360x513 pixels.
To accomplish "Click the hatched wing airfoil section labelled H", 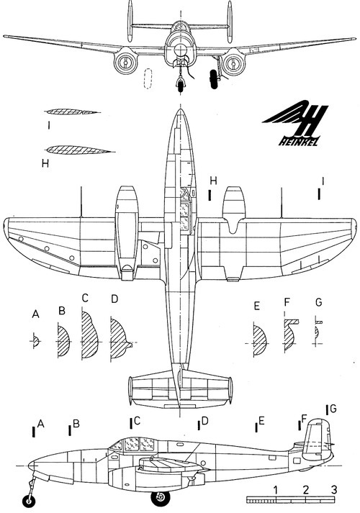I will (x=76, y=150).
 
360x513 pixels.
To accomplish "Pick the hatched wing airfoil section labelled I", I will (x=72, y=112).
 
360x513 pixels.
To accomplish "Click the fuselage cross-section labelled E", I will (x=260, y=341).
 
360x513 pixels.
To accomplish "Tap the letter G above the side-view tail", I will (x=333, y=409).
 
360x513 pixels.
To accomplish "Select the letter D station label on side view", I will (x=205, y=420).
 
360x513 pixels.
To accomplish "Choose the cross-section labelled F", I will (x=291, y=335).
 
